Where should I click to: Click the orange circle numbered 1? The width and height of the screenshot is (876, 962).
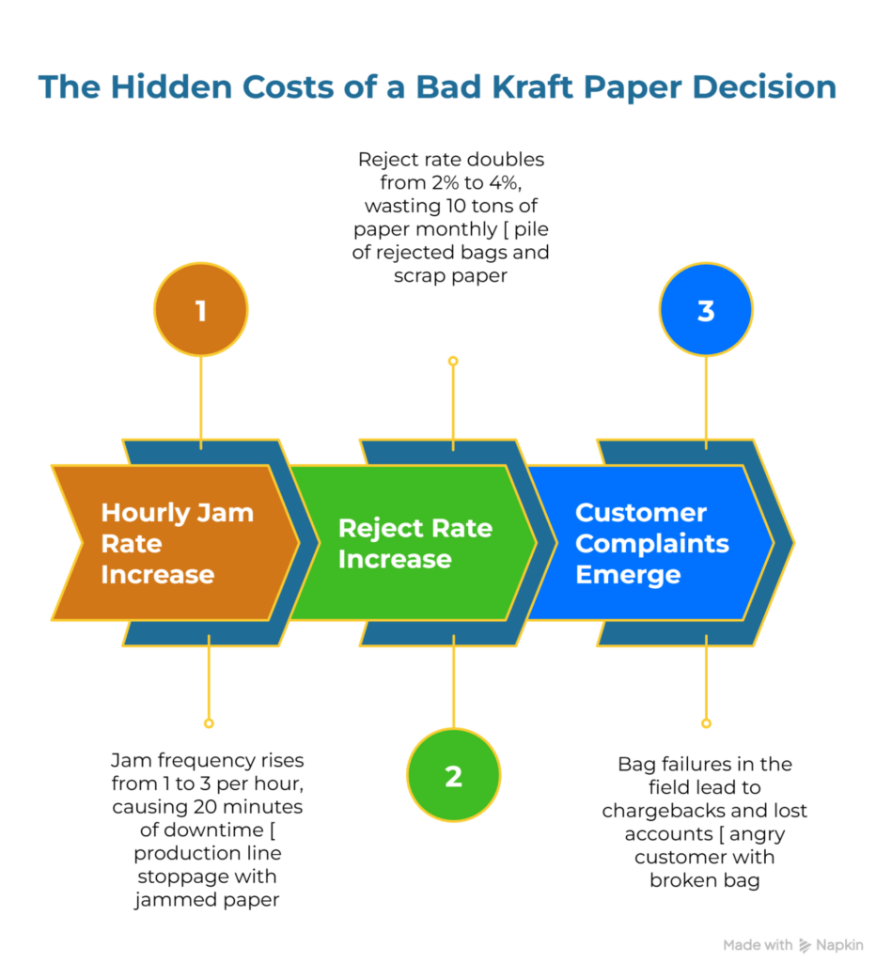[200, 311]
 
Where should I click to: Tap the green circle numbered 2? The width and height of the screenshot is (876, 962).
[453, 776]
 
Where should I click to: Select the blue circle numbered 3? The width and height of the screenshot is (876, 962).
[706, 311]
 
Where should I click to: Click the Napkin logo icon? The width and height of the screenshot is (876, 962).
[805, 945]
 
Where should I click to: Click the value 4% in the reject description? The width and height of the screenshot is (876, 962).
[524, 182]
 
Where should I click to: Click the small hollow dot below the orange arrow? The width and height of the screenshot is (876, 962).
[209, 723]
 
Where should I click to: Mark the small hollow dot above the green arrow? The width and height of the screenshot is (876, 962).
[453, 361]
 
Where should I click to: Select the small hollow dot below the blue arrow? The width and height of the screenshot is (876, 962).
[706, 723]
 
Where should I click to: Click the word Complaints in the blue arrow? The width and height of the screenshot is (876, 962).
[651, 543]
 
